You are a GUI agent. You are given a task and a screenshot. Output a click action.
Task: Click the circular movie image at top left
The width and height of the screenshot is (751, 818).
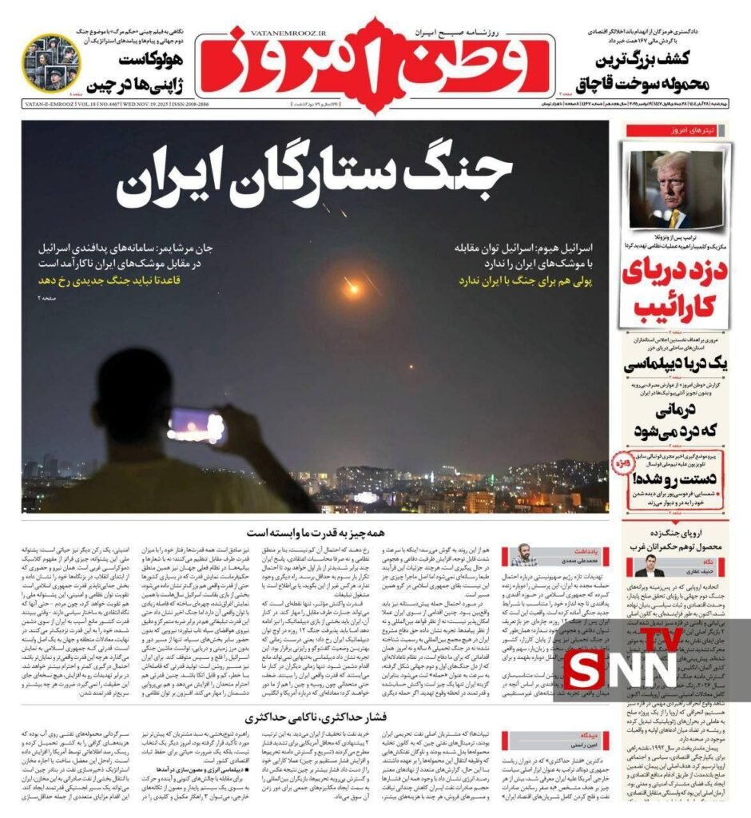(50, 62)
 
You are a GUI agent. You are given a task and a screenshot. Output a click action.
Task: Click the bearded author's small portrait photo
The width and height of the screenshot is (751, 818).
(523, 555)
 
